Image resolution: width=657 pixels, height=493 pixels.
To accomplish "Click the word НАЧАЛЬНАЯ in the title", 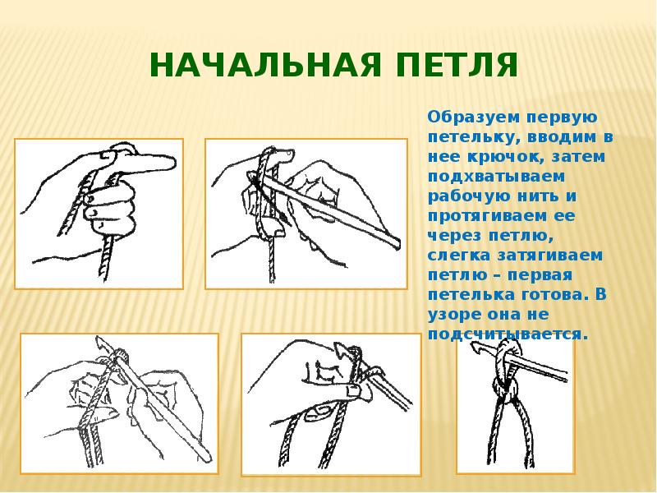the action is (x=265, y=66).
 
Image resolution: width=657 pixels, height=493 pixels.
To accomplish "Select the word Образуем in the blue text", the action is (x=473, y=117).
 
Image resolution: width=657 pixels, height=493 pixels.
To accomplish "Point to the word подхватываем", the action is (x=496, y=177).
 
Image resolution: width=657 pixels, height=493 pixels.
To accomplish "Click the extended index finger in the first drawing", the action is (x=145, y=160).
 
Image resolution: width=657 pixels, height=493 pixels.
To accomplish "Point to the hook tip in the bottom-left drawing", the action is (x=99, y=340).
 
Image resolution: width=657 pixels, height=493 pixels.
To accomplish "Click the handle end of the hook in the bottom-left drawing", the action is (x=206, y=454).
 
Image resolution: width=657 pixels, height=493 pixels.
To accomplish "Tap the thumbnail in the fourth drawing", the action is (x=352, y=392).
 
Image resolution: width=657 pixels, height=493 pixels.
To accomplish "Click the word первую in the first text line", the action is (x=562, y=117).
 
